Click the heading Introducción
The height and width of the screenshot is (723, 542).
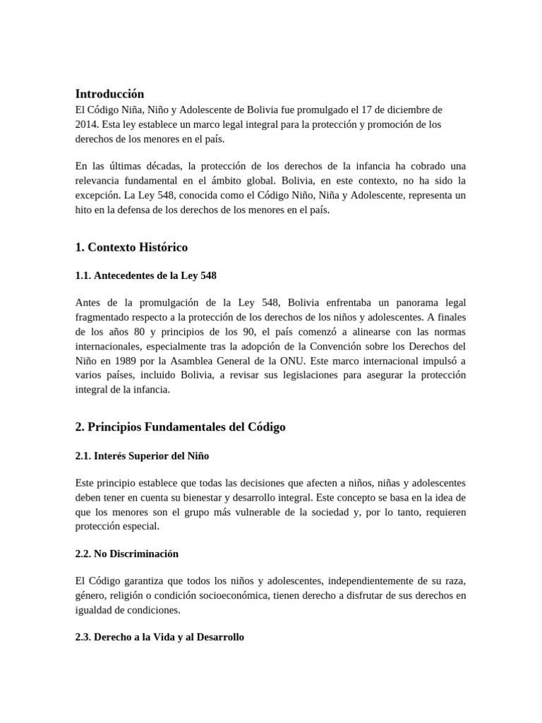pos(109,94)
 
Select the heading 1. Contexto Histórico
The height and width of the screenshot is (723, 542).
pos(131,247)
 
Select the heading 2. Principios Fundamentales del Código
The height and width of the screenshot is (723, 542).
pos(180,427)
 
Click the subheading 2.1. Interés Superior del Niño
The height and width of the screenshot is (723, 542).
pos(142,455)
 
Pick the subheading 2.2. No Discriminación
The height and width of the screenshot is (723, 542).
pos(126,554)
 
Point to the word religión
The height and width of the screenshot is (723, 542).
pos(133,595)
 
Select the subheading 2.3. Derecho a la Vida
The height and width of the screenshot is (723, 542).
pos(159,637)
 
